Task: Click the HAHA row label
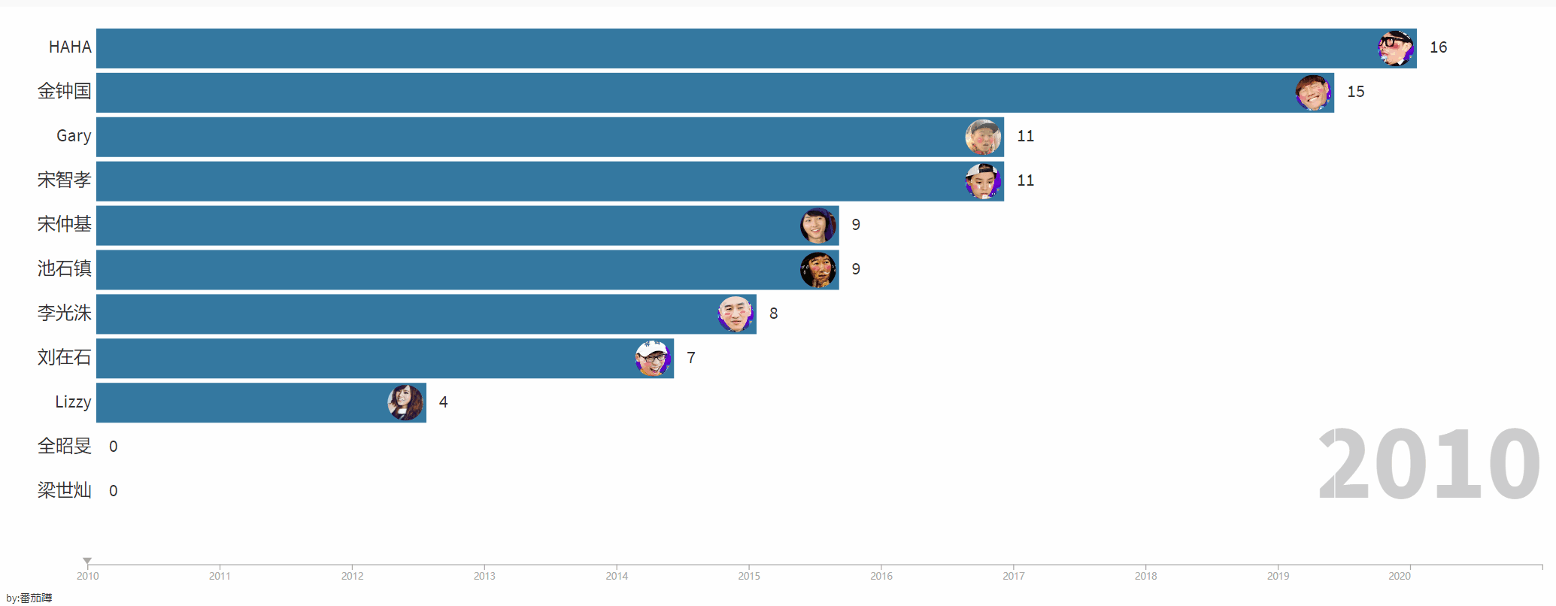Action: coord(70,47)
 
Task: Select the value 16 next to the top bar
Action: coord(1438,47)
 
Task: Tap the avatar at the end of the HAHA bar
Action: coord(1395,48)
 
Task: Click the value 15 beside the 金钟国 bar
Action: coord(1355,92)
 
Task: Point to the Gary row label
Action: coord(74,136)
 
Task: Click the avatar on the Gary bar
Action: coord(983,137)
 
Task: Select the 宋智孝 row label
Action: coord(64,180)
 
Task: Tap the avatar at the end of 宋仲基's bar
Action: coord(818,226)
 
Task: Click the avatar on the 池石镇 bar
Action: coord(818,270)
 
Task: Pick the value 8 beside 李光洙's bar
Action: coord(773,314)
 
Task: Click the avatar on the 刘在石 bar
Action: coord(653,358)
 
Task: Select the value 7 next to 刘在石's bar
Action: coord(690,358)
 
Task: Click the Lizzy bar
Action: coord(241,402)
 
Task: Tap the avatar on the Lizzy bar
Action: coord(405,402)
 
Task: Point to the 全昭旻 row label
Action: coord(64,447)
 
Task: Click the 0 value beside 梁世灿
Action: coord(113,491)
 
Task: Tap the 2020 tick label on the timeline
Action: coord(1399,576)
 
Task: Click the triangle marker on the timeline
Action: coord(87,561)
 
